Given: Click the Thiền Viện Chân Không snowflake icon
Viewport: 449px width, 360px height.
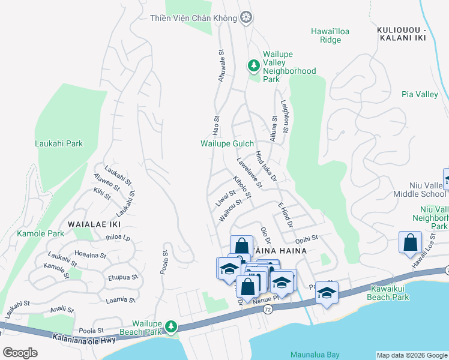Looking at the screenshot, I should pyautogui.click(x=245, y=18).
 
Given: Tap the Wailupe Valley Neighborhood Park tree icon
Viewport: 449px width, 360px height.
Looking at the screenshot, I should pyautogui.click(x=254, y=64).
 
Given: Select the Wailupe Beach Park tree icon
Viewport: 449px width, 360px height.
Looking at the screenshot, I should pyautogui.click(x=172, y=326).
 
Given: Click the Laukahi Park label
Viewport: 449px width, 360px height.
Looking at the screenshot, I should pyautogui.click(x=58, y=143).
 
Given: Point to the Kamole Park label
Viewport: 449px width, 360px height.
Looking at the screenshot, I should pyautogui.click(x=40, y=233).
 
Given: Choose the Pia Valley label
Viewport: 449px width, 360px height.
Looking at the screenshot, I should pyautogui.click(x=420, y=94).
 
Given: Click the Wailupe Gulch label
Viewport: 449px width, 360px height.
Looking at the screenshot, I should pyautogui.click(x=227, y=143).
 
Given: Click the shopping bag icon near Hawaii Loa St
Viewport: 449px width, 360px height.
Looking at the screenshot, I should pyautogui.click(x=411, y=242).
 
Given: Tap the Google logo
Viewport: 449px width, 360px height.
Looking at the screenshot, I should pyautogui.click(x=20, y=353).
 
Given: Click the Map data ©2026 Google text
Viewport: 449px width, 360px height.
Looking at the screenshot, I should pyautogui.click(x=411, y=355).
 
